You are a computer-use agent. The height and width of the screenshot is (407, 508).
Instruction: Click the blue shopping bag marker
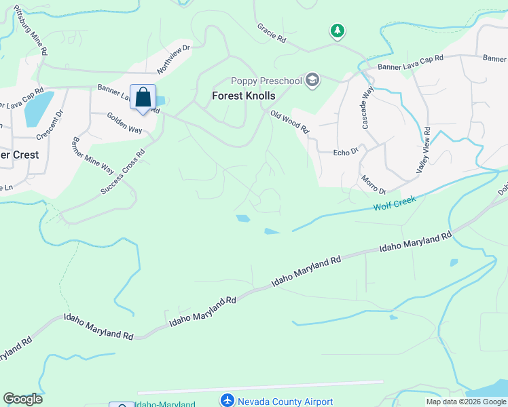pos(143,98)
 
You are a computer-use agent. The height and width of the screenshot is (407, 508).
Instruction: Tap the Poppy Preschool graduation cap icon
pos(312,81)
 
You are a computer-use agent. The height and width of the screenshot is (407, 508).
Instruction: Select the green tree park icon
pos(337,31)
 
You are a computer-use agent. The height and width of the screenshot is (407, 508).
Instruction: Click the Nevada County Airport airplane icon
pos(228,402)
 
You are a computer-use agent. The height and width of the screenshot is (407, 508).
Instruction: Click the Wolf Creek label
pos(393,203)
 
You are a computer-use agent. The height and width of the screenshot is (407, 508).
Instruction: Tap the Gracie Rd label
pos(271,33)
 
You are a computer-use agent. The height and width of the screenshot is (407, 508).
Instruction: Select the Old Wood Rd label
pos(290,121)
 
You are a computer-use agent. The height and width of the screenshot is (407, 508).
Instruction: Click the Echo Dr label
pos(346,153)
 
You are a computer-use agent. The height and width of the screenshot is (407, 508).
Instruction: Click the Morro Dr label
pos(373,185)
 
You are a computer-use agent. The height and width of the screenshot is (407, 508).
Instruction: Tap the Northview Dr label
pos(175,59)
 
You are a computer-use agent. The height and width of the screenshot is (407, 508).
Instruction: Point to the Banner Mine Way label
pos(89,161)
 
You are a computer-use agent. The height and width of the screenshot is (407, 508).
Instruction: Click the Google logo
pos(22,399)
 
